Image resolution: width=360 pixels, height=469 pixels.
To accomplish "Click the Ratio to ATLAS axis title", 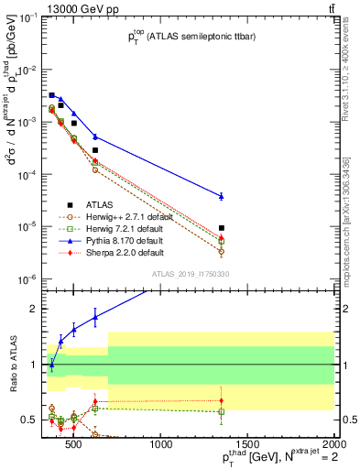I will coord(12,364).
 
